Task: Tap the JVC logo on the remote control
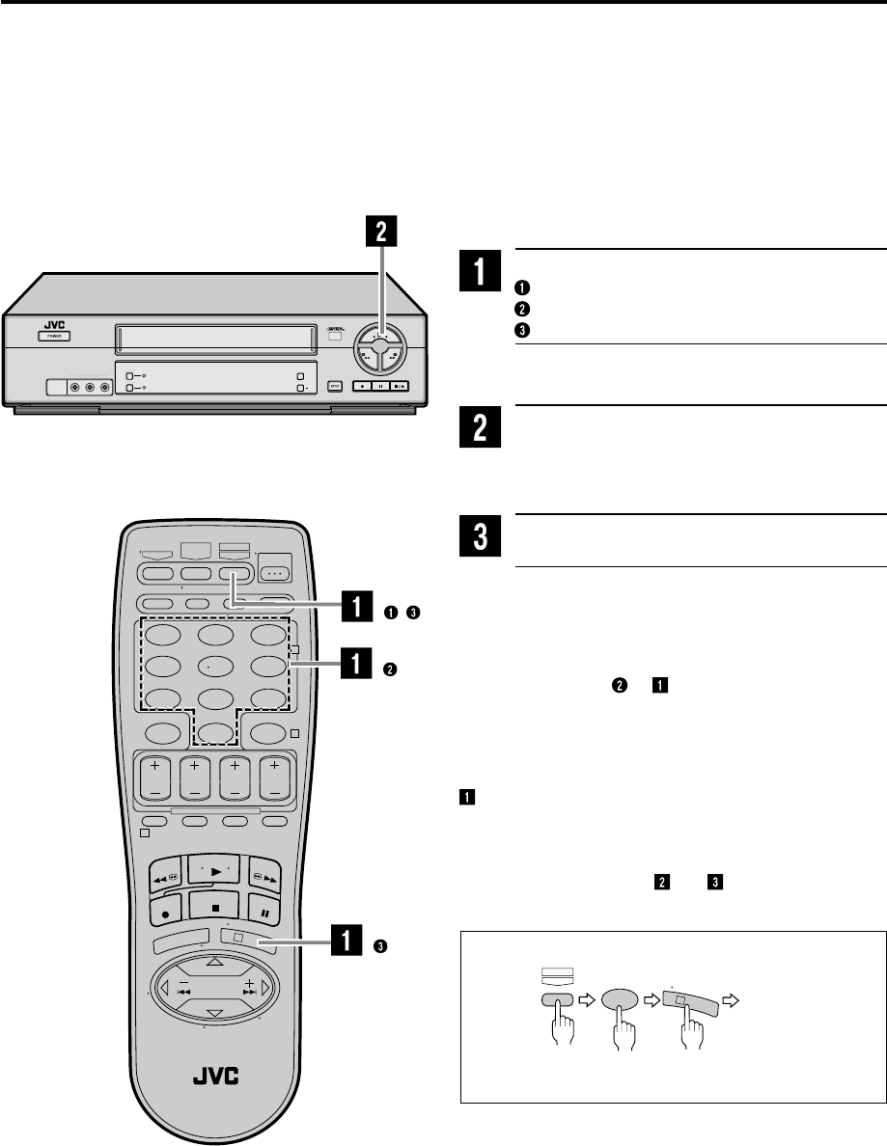tap(217, 1065)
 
